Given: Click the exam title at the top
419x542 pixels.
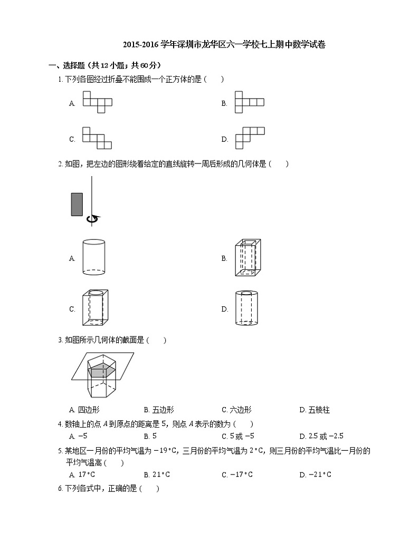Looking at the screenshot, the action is point(224,45).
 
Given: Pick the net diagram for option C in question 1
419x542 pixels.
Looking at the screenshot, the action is point(97,138).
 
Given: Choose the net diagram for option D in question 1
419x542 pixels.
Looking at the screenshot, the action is point(250,138).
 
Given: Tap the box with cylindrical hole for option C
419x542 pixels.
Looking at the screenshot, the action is point(94,308).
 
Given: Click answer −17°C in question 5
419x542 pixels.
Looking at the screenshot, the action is point(241,475).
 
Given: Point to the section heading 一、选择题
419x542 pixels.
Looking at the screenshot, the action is point(66,65).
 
